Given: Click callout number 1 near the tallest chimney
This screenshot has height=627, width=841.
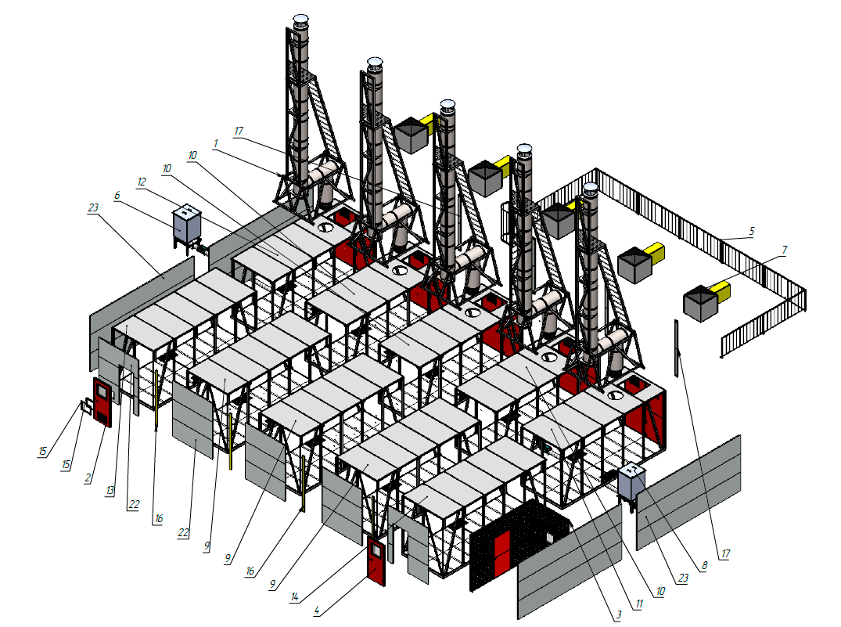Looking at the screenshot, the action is point(216,143).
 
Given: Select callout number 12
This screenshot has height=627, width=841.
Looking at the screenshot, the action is point(142,182).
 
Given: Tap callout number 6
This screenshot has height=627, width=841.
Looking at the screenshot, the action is point(117,196).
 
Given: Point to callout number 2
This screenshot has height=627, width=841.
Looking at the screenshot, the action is point(88,478).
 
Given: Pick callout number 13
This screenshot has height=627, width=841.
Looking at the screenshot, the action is point(110,490).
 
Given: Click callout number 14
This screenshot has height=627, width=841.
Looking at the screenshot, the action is point(294,596).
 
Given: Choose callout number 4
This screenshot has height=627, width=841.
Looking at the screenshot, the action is point(317,611).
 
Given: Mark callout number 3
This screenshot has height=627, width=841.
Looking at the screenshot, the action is point(619,615).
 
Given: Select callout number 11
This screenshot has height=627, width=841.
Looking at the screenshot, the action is point(639,604).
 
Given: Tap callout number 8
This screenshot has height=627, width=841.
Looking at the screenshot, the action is point(704,565).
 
